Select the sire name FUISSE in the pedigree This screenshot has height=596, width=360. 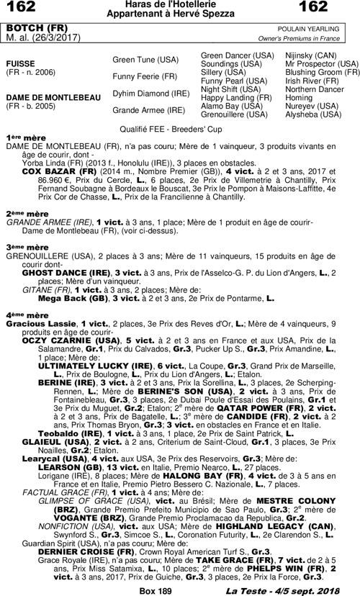pos(21,63)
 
